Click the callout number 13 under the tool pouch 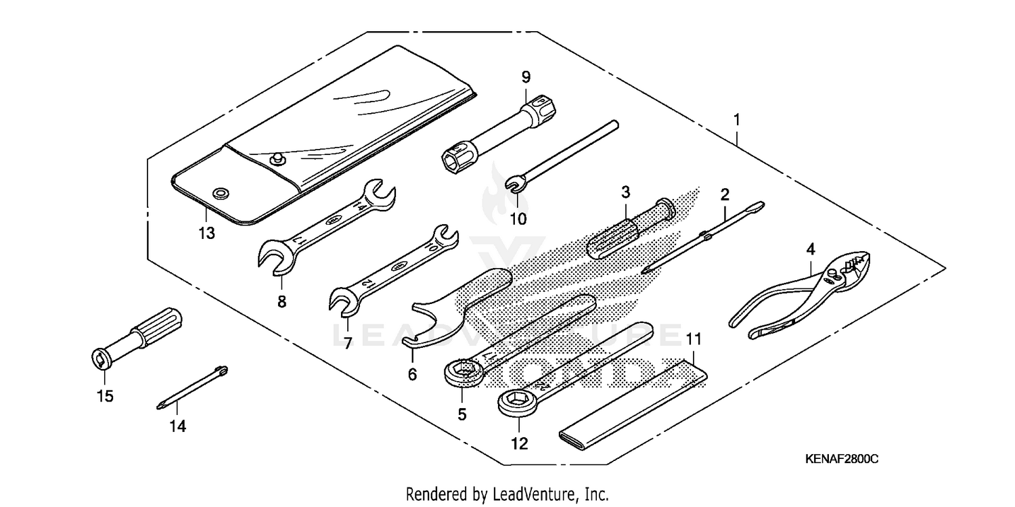coord(206,234)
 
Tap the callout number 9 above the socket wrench coord(526,77)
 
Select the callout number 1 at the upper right coord(737,120)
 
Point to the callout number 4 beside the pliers coord(810,249)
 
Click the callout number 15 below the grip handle coord(105,396)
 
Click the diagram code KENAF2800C coord(841,459)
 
